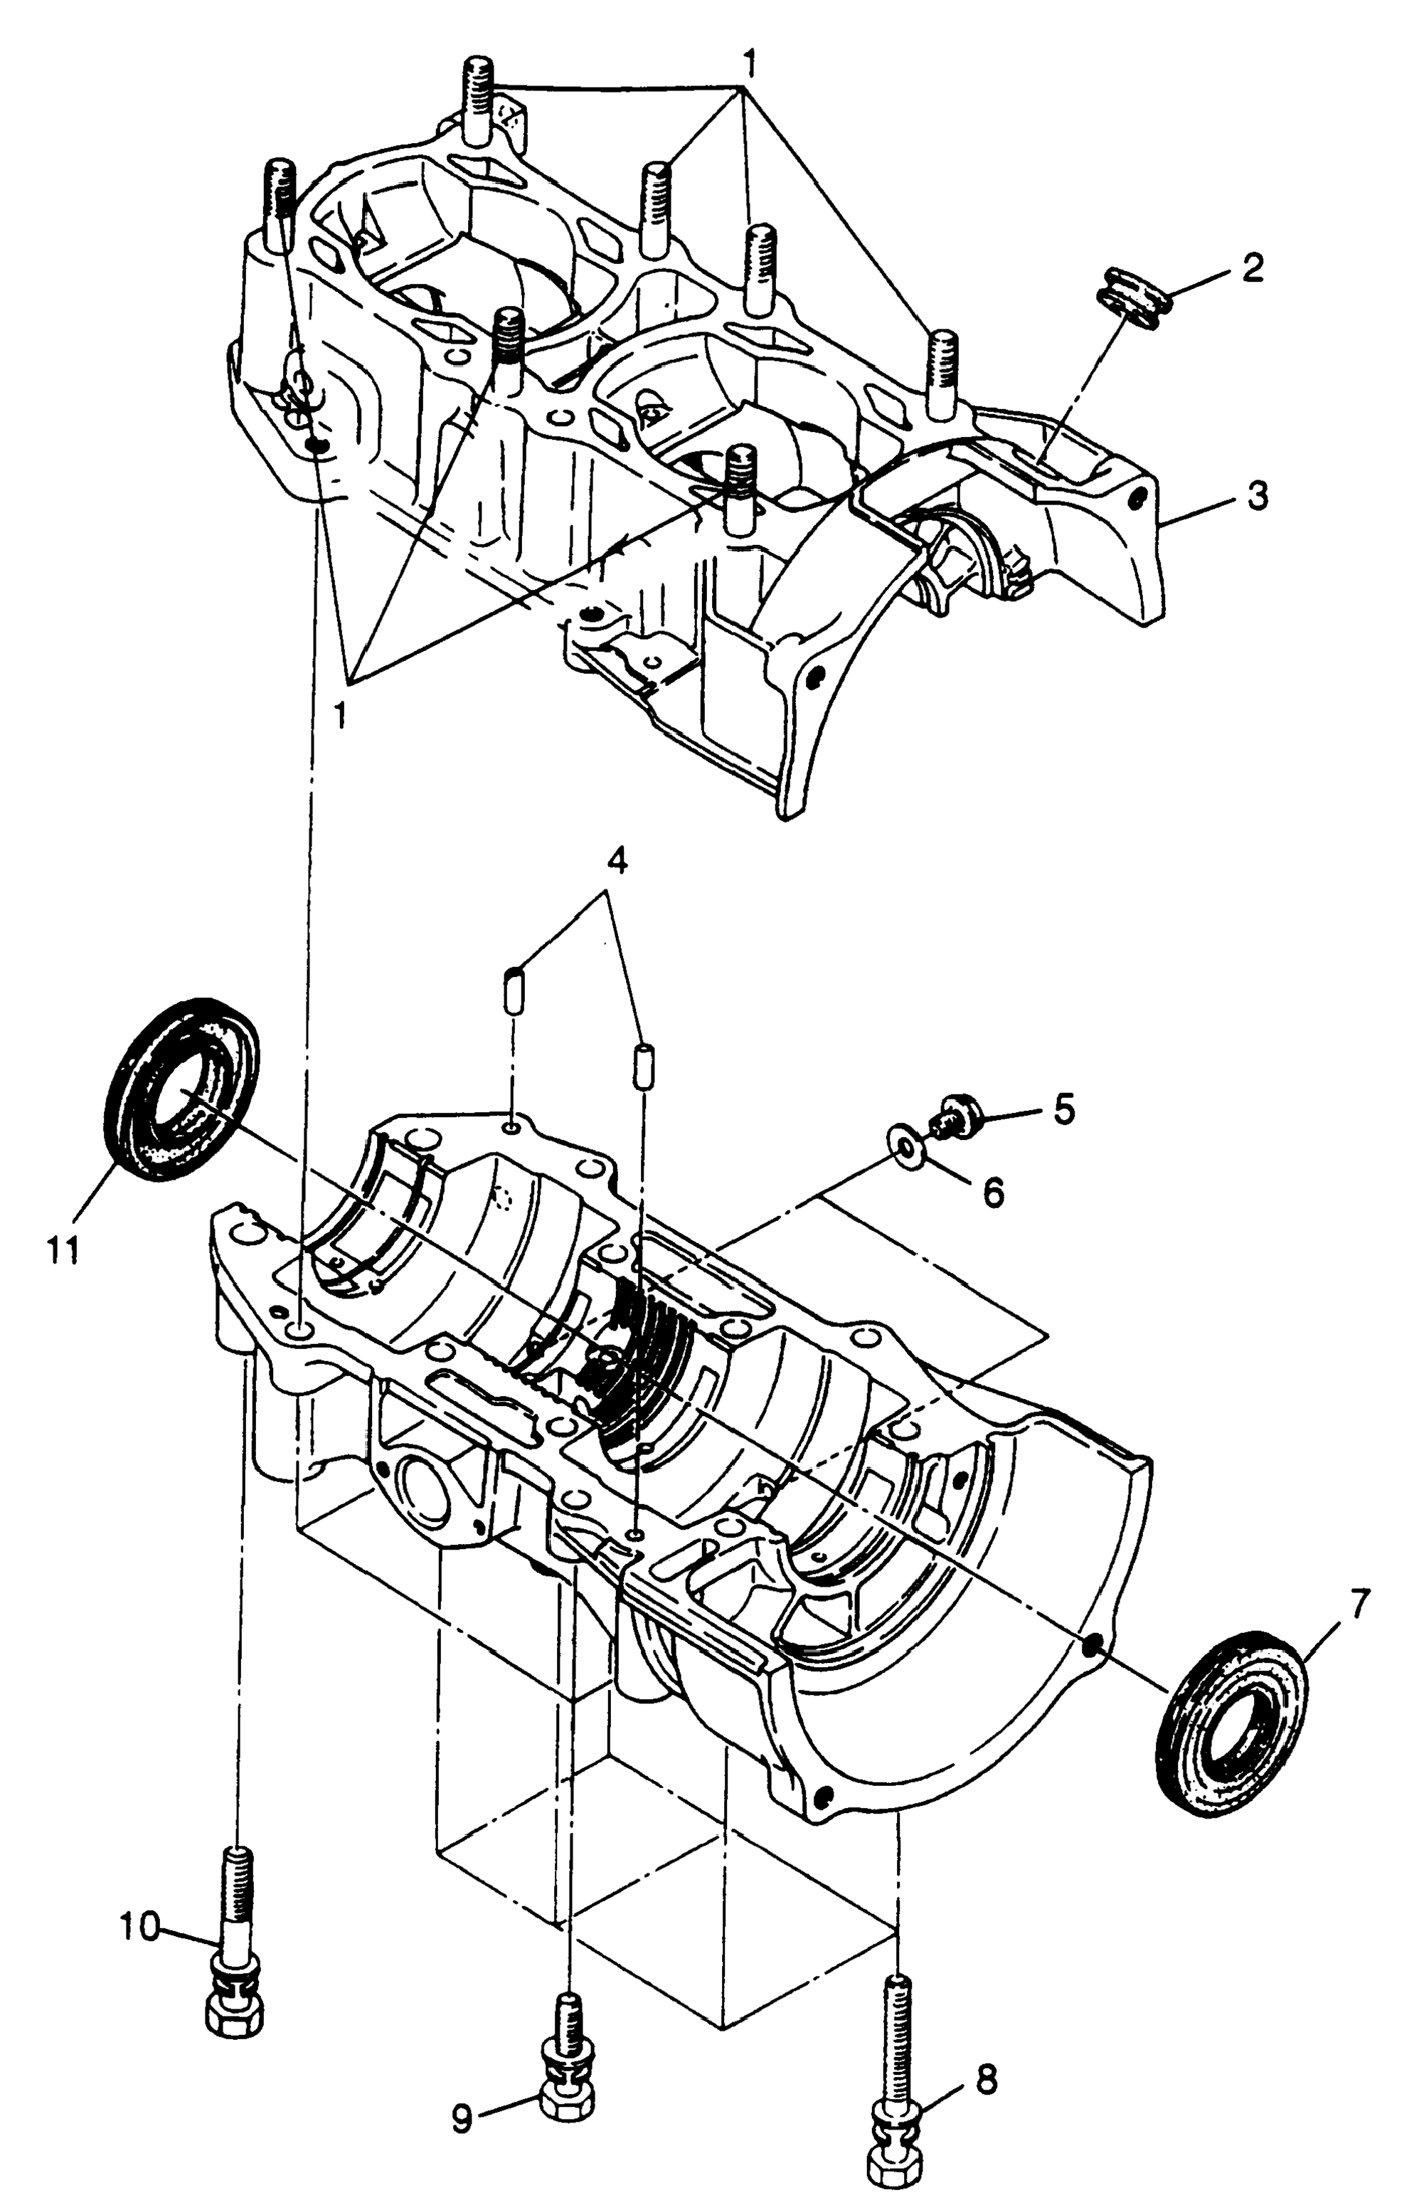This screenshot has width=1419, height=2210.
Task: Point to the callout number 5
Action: pos(1063,1109)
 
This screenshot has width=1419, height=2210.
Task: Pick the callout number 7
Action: pos(1359,1604)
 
